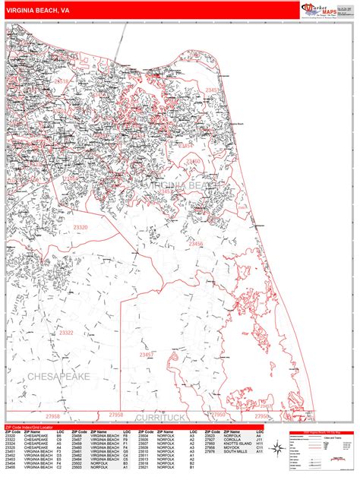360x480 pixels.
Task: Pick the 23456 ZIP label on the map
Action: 197,243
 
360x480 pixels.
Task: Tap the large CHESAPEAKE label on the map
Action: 58,376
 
